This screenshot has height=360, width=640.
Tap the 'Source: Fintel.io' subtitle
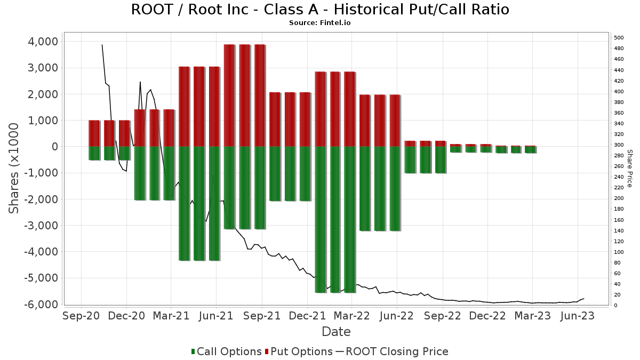[320, 23]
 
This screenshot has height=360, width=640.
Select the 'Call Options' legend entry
[226, 351]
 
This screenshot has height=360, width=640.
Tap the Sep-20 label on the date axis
[81, 316]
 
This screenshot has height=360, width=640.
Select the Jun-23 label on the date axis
[577, 316]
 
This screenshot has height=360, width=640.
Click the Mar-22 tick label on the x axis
[351, 316]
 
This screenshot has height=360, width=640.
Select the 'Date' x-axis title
[336, 332]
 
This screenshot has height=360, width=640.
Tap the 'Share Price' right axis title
[629, 168]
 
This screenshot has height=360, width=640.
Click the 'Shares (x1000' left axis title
[14, 168]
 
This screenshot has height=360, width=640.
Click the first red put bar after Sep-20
[94, 133]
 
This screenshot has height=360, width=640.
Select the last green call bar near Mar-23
[530, 150]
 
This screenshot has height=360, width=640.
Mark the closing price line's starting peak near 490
[102, 45]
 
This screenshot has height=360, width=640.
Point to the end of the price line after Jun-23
[584, 299]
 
